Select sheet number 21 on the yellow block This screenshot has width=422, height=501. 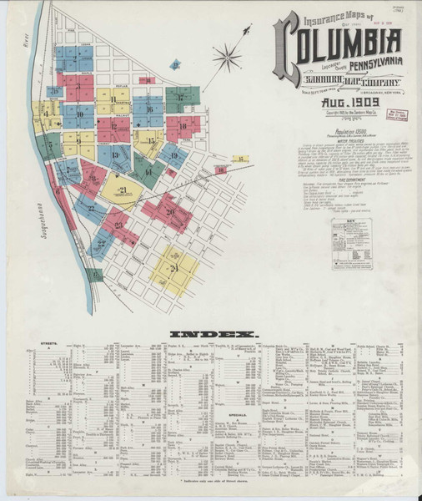point(123,190)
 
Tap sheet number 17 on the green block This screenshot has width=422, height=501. point(179,97)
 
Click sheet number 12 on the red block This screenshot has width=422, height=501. point(114,128)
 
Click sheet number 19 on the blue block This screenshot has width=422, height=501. point(173,154)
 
